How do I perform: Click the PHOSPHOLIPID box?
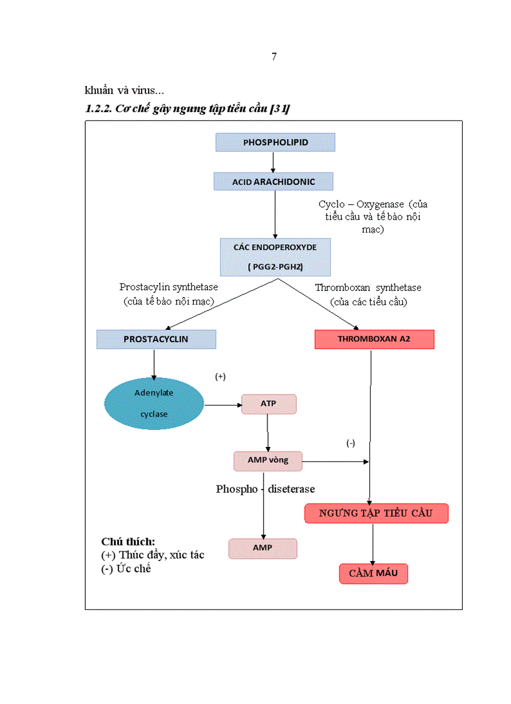pyautogui.click(x=276, y=142)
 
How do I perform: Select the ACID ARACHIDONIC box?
pyautogui.click(x=273, y=182)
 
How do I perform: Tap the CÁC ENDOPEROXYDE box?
pyautogui.click(x=275, y=256)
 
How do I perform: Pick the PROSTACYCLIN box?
pyautogui.click(x=156, y=339)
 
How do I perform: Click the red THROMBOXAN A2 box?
pyautogui.click(x=374, y=339)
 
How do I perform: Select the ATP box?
pyautogui.click(x=268, y=404)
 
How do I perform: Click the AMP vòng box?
pyautogui.click(x=268, y=460)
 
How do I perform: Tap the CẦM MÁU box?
pyautogui.click(x=373, y=574)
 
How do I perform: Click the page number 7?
pyautogui.click(x=274, y=56)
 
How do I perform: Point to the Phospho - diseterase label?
pyautogui.click(x=266, y=489)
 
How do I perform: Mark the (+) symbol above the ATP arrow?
pyautogui.click(x=220, y=376)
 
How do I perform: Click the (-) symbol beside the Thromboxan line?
pyautogui.click(x=351, y=443)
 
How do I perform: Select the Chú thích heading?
pyautogui.click(x=128, y=541)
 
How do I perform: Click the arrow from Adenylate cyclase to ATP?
pyautogui.click(x=223, y=405)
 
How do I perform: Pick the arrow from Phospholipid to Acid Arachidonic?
pyautogui.click(x=273, y=162)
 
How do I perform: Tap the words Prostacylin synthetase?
pyautogui.click(x=168, y=287)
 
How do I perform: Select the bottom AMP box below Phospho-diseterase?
pyautogui.click(x=262, y=548)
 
